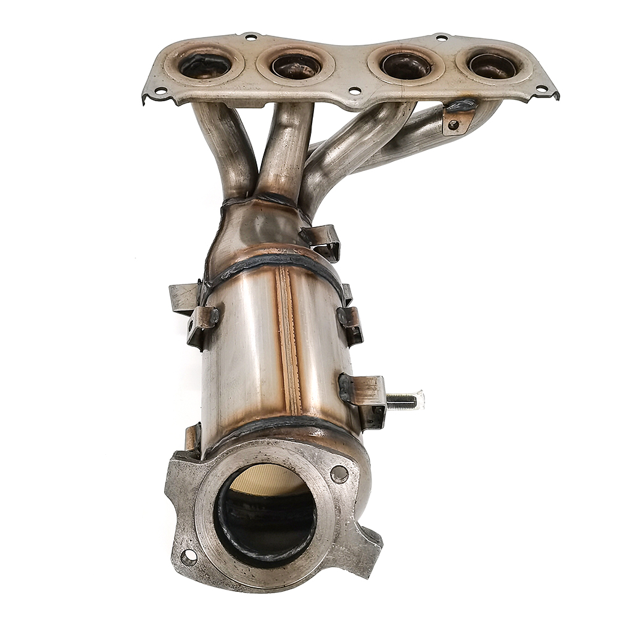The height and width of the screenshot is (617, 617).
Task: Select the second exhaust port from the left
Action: point(296,65)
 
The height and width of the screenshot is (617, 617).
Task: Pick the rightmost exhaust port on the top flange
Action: point(493,65)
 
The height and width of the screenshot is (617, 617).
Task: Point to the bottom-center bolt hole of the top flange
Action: point(354,91)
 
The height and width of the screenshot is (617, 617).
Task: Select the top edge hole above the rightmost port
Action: point(441,38)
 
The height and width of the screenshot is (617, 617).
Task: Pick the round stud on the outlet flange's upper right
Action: point(339,474)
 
